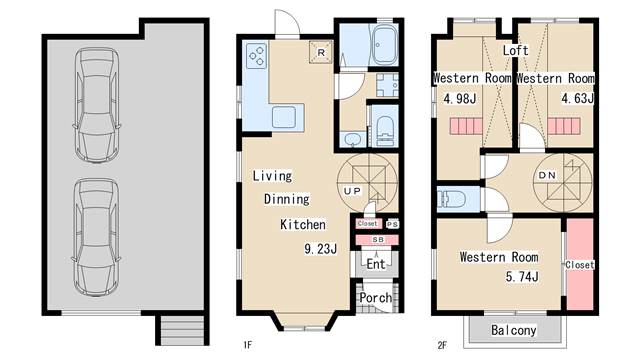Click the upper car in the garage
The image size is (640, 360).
click(97, 105)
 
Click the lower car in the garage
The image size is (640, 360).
click(97, 237)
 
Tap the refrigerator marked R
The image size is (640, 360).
click(321, 52)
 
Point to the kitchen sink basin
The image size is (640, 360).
click(284, 117)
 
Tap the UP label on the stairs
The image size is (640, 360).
click(352, 191)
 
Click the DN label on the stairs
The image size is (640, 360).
click(547, 175)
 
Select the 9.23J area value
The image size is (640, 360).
click(321, 249)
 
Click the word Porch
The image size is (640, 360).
click(376, 298)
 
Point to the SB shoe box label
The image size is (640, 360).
click(378, 240)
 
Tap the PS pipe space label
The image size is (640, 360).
click(392, 224)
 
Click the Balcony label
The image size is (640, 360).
click(513, 330)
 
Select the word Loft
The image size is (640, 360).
click(516, 51)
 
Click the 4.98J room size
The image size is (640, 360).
click(460, 98)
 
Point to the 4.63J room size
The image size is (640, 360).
click(577, 98)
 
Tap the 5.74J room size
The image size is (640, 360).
click(522, 276)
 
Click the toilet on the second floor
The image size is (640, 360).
click(451, 200)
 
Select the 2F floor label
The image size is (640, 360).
click(442, 345)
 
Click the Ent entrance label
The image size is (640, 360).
click(376, 264)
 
